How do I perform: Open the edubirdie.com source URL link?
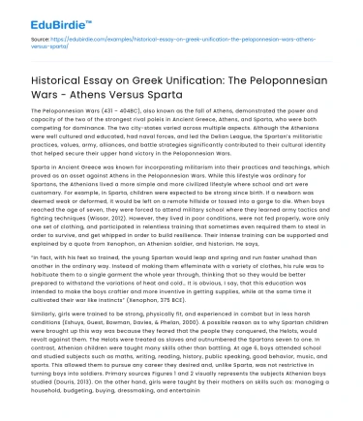click(x=145, y=42)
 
